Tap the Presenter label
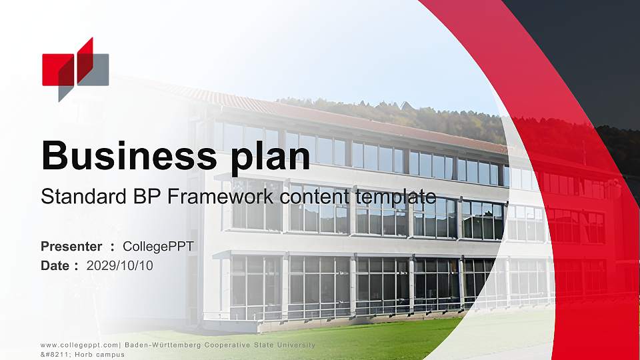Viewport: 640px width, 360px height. coord(71,247)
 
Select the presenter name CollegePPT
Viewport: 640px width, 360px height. coord(158,247)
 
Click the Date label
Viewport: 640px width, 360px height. coord(57,266)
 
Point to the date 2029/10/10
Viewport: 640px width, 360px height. coord(120,266)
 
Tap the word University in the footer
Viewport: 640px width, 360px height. coord(290,345)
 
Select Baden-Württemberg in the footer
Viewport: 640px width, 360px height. coord(159,345)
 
